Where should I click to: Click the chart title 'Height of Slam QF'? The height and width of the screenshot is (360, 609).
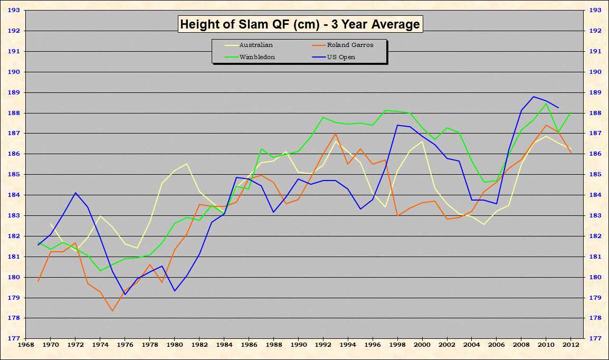pos(300,24)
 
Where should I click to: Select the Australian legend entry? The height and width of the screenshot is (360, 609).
pos(255,45)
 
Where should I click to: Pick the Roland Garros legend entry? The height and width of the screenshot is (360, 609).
pos(350,45)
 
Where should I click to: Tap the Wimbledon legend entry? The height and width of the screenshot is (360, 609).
pos(257,56)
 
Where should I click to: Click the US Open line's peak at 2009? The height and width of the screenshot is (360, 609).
pos(534,97)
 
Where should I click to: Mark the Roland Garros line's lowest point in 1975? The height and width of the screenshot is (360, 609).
pos(112,310)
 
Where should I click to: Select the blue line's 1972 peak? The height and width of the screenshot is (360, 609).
pos(75,193)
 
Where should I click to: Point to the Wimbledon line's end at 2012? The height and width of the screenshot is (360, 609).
pos(571,112)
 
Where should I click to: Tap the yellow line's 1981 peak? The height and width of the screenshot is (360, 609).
pos(187,164)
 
